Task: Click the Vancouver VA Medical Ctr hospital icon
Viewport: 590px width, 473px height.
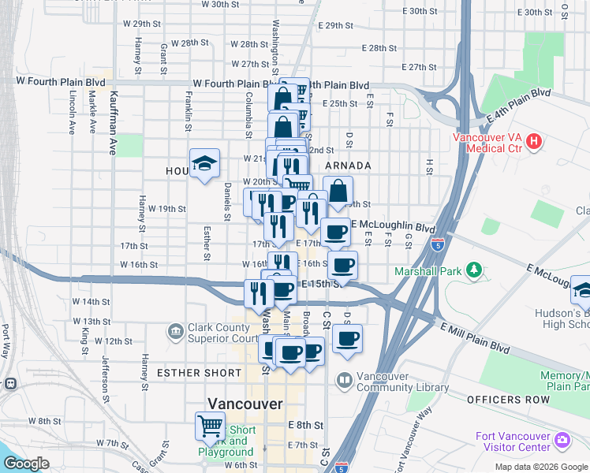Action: (534, 142)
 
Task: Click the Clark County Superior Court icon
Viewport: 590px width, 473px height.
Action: (175, 331)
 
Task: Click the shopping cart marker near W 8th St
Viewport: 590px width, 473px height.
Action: (211, 426)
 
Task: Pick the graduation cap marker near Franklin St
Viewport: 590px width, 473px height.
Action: (204, 163)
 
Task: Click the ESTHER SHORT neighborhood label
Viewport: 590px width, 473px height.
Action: (199, 372)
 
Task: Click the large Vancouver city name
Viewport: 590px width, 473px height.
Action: (244, 403)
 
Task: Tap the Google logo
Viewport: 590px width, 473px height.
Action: (27, 464)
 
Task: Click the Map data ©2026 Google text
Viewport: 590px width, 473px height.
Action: (541, 467)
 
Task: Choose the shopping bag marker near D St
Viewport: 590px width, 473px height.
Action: (338, 191)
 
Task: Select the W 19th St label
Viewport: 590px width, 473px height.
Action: (167, 209)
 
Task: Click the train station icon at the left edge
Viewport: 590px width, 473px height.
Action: (9, 384)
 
